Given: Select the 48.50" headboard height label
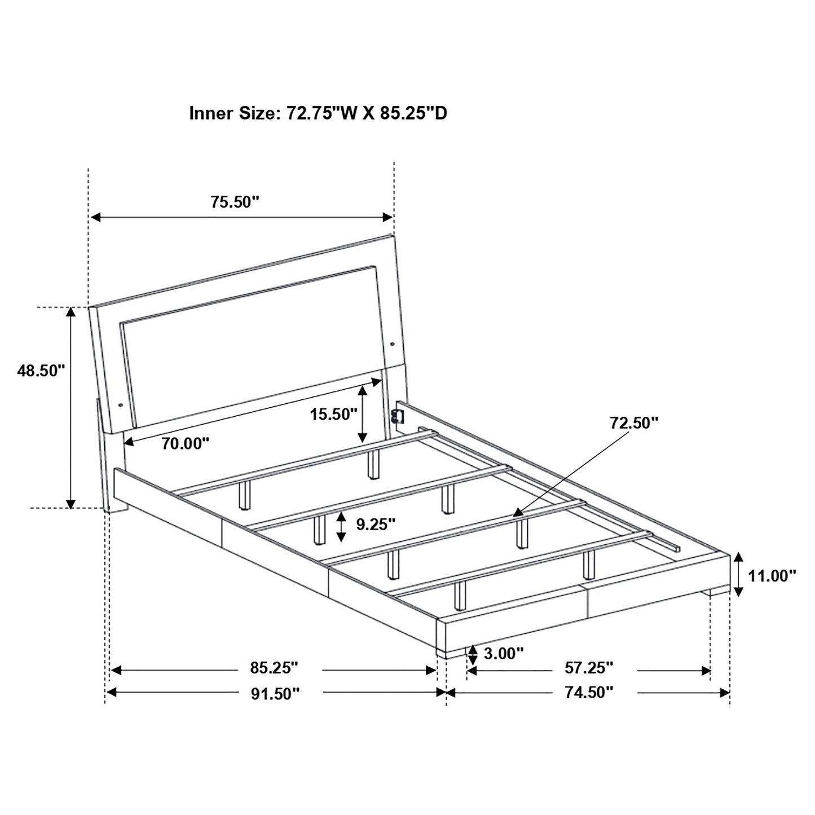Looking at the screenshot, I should [x=41, y=371].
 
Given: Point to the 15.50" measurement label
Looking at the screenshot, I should [x=333, y=415].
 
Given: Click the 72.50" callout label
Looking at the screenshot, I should [x=633, y=422].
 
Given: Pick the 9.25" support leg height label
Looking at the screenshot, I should [x=376, y=525].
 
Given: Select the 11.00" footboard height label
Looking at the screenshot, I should [x=772, y=575].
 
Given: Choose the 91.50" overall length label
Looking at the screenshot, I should [x=274, y=693].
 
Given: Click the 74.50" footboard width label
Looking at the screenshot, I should [x=589, y=693].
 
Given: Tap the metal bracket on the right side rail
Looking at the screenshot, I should [x=397, y=416].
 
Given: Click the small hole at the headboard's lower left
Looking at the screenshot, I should [x=121, y=404].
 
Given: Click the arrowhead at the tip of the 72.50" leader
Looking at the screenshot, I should [x=517, y=513].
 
